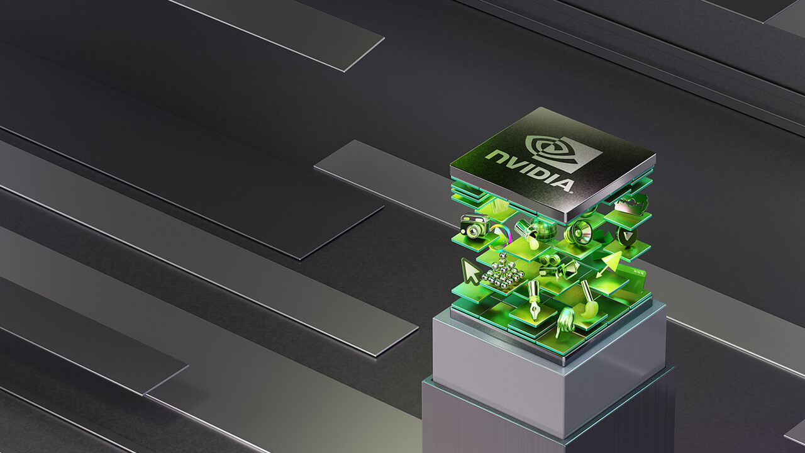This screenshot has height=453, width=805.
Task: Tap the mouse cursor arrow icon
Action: (470, 271)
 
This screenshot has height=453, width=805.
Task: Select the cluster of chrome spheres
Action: (501, 271)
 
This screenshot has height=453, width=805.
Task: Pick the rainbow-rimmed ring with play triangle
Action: (501, 236)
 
